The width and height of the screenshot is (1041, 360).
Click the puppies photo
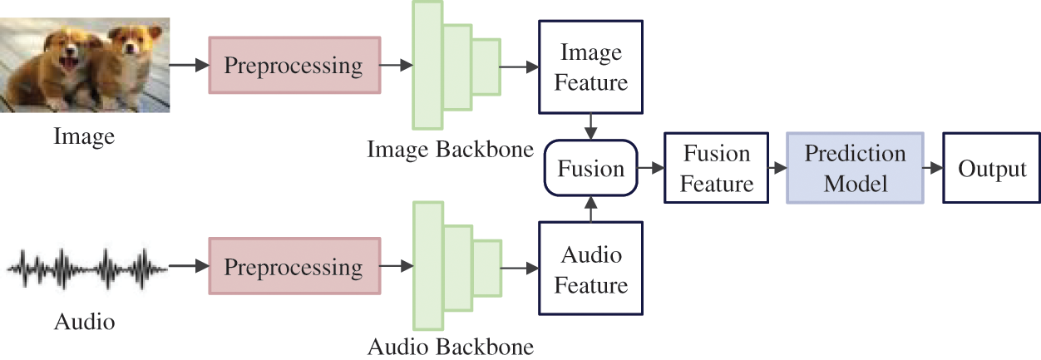[x=86, y=64]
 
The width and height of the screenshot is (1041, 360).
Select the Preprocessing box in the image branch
[x=294, y=66]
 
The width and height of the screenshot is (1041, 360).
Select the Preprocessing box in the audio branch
[x=294, y=269]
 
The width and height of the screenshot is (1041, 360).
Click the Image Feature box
[x=590, y=67]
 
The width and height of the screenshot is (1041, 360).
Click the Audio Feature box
[x=590, y=269]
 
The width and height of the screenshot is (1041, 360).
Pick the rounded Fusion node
[x=590, y=169]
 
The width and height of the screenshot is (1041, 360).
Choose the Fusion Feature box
[x=716, y=169]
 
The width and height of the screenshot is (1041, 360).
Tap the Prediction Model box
[x=854, y=168]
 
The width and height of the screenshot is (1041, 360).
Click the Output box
[x=992, y=169]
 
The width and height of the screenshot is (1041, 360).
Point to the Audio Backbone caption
[x=450, y=345]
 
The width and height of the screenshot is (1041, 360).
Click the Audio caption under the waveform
[x=84, y=320]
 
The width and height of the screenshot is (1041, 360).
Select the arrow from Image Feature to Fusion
[x=590, y=126]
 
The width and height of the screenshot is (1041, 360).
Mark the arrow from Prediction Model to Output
[x=933, y=169]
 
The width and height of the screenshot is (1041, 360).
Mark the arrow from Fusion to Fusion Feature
[x=650, y=169]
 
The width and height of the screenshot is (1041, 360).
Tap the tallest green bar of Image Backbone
[x=427, y=65]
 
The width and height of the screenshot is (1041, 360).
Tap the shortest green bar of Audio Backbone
[x=487, y=268]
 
